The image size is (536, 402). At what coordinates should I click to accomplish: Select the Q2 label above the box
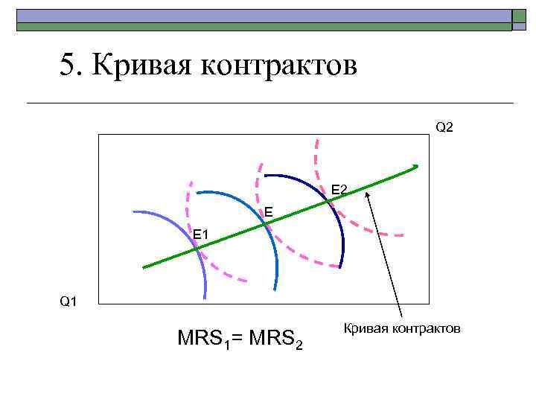[x=444, y=127]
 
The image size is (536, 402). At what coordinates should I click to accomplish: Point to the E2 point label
[x=339, y=191]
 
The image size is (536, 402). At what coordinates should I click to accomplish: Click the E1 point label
[x=202, y=236]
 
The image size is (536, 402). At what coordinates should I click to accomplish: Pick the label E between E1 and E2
[x=268, y=214]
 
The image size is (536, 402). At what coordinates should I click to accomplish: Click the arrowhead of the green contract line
[x=415, y=166]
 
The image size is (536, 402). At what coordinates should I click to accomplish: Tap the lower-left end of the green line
[x=144, y=266]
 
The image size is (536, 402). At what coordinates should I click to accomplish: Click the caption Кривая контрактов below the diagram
[x=402, y=328]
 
